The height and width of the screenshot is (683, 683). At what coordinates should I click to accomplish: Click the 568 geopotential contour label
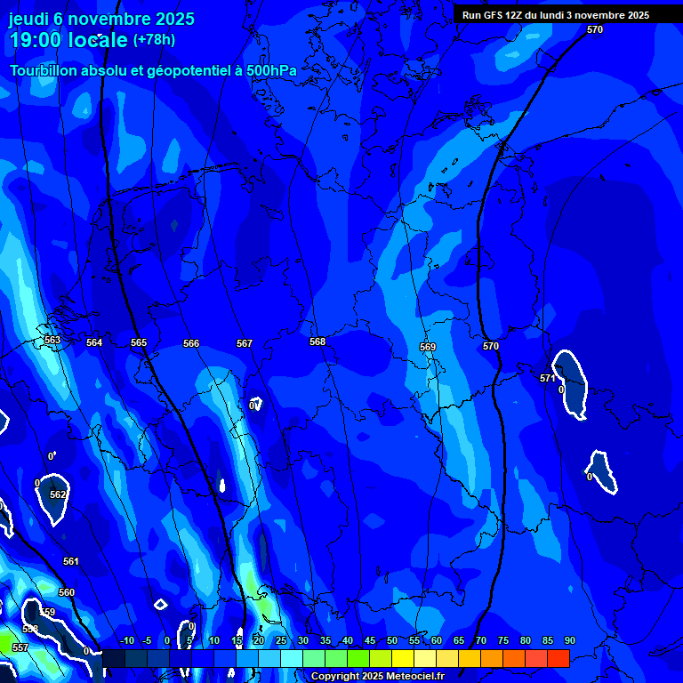[317, 341]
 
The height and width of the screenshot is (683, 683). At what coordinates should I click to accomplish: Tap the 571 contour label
[548, 378]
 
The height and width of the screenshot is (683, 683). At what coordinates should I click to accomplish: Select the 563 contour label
[52, 340]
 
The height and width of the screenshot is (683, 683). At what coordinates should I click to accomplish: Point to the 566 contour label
[191, 343]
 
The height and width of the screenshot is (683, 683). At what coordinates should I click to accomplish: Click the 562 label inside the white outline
[58, 494]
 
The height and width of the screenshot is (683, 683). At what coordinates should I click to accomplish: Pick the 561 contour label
[71, 561]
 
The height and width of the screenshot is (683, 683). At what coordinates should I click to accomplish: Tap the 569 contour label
[428, 347]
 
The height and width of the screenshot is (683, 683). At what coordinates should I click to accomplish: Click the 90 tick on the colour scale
[569, 641]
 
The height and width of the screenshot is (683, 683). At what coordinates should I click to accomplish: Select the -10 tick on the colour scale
[126, 641]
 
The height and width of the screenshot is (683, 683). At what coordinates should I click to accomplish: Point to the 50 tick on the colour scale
[391, 641]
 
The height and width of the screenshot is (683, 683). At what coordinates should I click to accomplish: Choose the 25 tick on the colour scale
[280, 641]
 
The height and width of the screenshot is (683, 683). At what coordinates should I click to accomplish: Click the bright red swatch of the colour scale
[558, 658]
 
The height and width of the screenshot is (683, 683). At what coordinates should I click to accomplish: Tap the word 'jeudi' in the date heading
[29, 19]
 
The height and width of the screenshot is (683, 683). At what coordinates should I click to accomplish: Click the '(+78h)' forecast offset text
[154, 40]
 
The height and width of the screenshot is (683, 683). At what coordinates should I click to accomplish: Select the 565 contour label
[139, 342]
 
